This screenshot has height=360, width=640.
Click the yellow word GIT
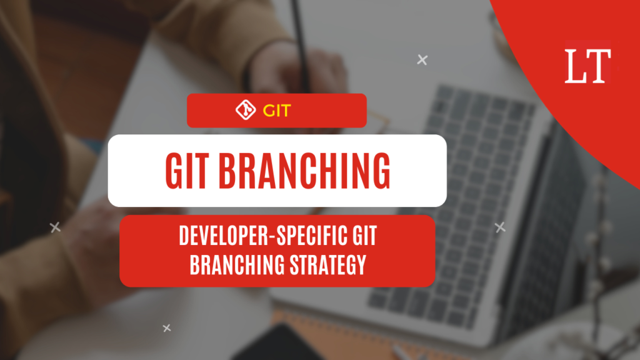click(277, 111)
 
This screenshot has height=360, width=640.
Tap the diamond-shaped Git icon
click(246, 110)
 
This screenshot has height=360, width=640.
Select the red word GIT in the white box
click(187, 171)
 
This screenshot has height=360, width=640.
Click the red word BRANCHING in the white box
click(304, 171)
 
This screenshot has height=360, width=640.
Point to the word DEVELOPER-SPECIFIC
click(263, 236)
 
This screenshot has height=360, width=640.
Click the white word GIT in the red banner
click(364, 236)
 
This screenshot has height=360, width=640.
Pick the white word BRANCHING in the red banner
click(237, 264)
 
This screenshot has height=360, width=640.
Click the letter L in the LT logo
click(575, 66)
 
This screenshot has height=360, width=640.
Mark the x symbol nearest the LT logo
click(422, 60)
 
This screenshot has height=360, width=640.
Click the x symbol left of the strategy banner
click(55, 227)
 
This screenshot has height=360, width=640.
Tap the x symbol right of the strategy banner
click(500, 227)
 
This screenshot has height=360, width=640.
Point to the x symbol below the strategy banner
click(166, 327)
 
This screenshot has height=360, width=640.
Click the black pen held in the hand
click(301, 45)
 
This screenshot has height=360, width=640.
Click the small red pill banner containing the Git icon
click(277, 111)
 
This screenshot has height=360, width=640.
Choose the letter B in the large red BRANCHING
click(227, 171)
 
